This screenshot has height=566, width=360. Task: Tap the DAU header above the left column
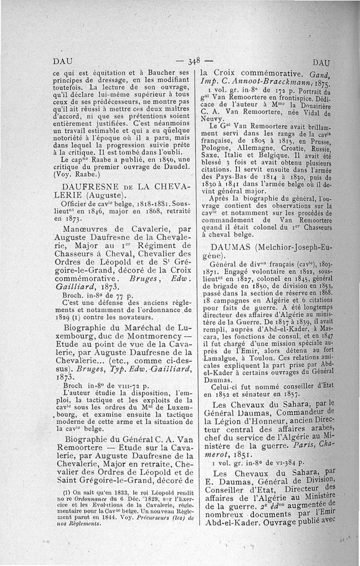point(60,62)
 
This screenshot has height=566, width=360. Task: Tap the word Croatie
point(290,147)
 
